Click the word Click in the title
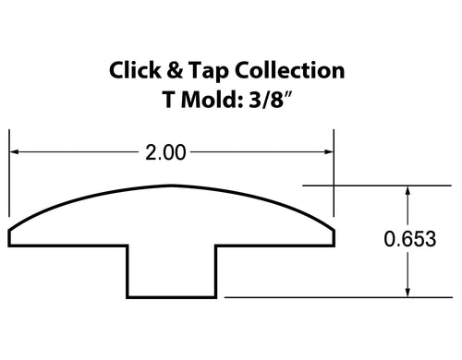pos(135,70)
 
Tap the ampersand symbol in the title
pos(175,70)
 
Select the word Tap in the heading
pos(208,72)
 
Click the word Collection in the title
pos(289,70)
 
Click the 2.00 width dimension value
pos(165,152)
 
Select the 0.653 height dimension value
pos(410,239)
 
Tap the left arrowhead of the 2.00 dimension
pos(15,151)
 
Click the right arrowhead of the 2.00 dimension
pos(329,151)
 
